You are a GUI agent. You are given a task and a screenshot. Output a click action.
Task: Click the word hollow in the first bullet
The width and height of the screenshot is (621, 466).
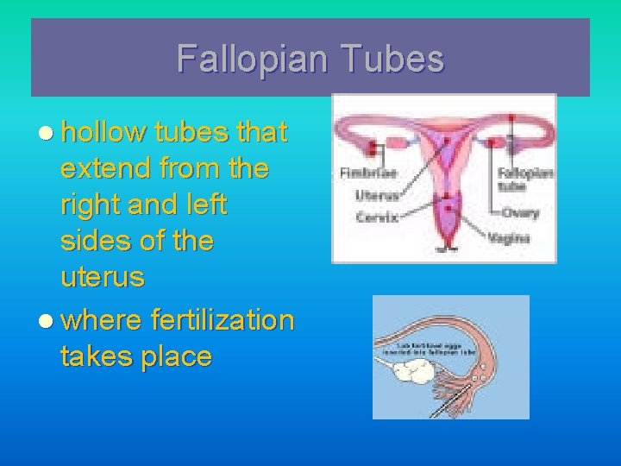(103, 132)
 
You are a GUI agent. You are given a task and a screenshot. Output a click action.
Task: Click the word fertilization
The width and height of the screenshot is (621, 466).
(223, 320)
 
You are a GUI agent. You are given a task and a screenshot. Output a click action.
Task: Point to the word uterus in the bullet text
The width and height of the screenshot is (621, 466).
(103, 278)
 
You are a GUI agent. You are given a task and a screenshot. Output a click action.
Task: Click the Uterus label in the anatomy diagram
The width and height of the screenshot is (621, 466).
(377, 195)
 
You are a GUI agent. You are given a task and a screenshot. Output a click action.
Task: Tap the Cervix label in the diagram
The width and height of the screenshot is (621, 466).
(377, 217)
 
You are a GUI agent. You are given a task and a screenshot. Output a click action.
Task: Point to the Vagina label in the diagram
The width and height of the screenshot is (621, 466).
(509, 237)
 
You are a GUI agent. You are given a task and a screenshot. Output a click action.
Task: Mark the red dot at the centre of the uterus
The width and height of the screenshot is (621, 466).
(448, 204)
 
